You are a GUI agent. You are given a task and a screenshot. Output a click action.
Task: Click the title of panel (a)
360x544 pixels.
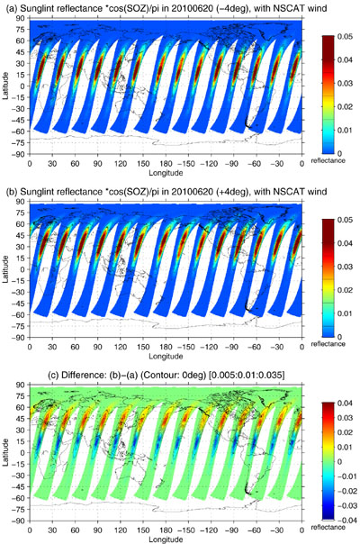(x=166, y=8)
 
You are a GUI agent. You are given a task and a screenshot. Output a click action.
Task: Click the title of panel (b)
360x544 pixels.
(x=166, y=192)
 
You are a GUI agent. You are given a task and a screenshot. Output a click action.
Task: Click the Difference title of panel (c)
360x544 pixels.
(x=166, y=375)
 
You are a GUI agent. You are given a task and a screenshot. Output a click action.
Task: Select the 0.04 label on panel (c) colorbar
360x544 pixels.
(x=345, y=403)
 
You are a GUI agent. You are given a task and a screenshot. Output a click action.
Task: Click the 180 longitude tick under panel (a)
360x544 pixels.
(x=166, y=163)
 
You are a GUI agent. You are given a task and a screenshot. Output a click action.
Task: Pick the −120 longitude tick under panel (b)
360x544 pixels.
(x=211, y=347)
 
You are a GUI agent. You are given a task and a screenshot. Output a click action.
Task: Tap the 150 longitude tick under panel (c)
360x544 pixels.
(x=143, y=530)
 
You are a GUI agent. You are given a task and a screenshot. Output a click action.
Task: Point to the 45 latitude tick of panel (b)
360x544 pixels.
(x=22, y=235)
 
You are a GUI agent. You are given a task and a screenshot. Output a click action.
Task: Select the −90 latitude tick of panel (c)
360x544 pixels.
(x=20, y=521)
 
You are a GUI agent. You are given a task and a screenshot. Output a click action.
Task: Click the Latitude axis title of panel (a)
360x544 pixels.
(x=6, y=86)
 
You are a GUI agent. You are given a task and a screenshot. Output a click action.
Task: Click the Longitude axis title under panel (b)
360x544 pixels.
(x=166, y=356)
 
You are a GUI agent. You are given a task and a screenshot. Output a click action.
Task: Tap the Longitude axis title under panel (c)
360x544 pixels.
(x=166, y=539)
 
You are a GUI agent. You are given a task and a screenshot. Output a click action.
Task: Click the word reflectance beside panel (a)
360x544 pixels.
(x=328, y=160)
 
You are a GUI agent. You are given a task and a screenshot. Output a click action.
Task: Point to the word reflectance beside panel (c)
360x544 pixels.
(x=328, y=528)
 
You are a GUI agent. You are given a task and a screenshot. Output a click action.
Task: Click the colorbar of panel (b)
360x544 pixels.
(x=328, y=278)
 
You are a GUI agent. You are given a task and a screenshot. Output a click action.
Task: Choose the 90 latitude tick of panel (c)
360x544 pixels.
(x=22, y=385)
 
